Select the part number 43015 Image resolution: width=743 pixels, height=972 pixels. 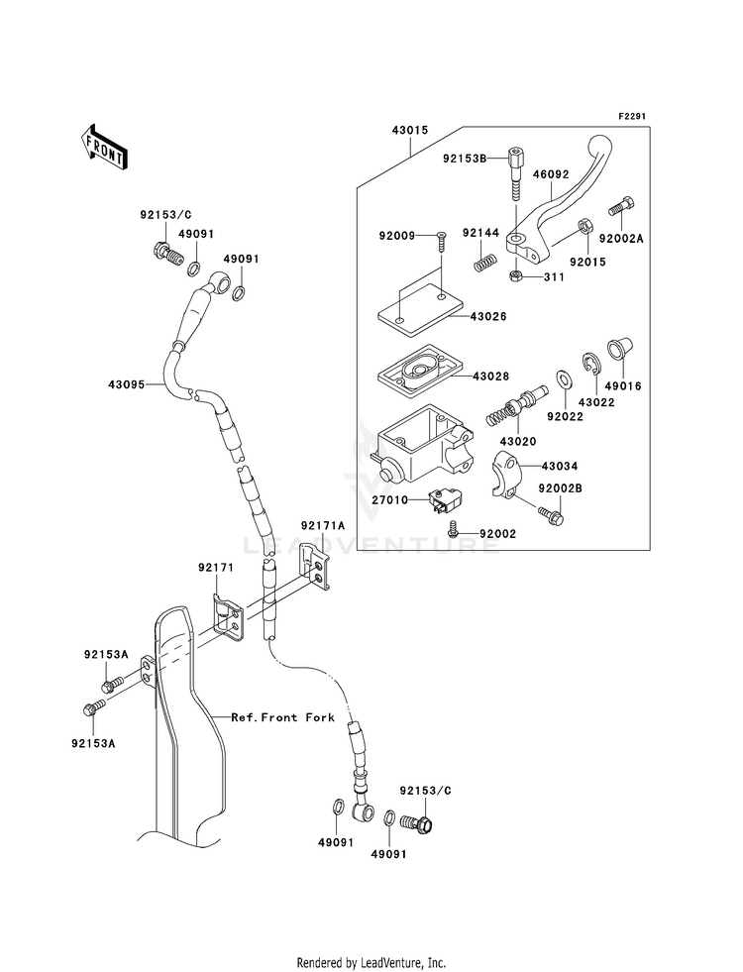click(410, 129)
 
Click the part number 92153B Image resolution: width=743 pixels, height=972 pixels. click(466, 158)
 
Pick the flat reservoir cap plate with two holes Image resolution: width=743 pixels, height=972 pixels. click(417, 307)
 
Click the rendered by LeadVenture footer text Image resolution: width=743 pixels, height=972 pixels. click(371, 962)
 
